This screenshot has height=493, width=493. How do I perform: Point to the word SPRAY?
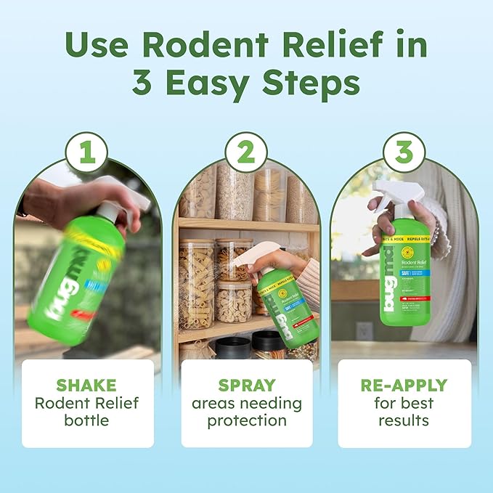pos(246,386)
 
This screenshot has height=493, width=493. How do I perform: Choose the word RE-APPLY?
pos(404,386)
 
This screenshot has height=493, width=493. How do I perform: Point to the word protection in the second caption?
pos(246,420)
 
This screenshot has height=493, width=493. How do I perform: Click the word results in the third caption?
pos(404,420)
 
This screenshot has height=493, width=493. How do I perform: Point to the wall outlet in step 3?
pos(364,330)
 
